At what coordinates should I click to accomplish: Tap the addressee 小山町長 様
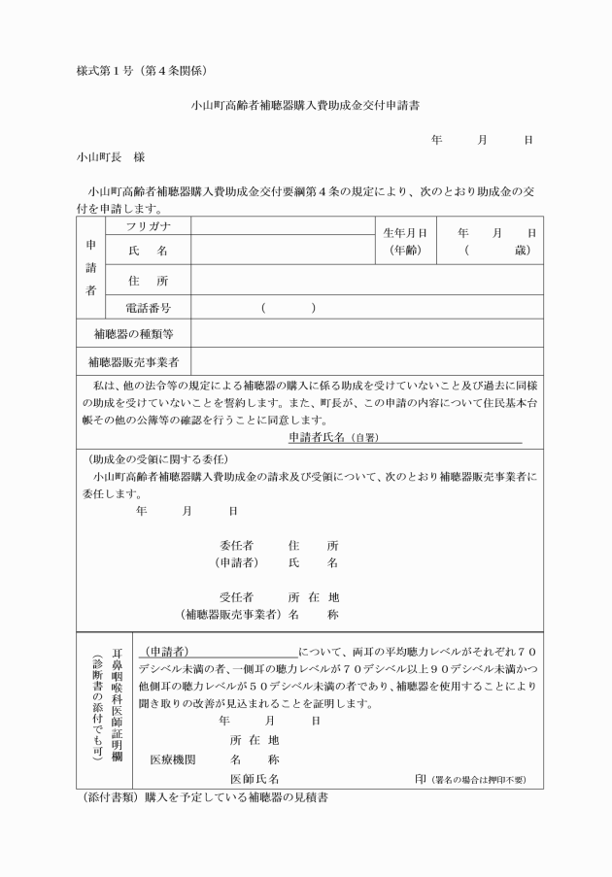tap(111, 155)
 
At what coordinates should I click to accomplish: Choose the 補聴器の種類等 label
tap(133, 335)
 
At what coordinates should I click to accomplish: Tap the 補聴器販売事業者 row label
tap(133, 362)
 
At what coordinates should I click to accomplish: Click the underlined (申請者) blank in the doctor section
tap(219, 650)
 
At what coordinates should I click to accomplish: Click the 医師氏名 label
tap(255, 779)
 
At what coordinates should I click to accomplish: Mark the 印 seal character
tap(420, 779)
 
